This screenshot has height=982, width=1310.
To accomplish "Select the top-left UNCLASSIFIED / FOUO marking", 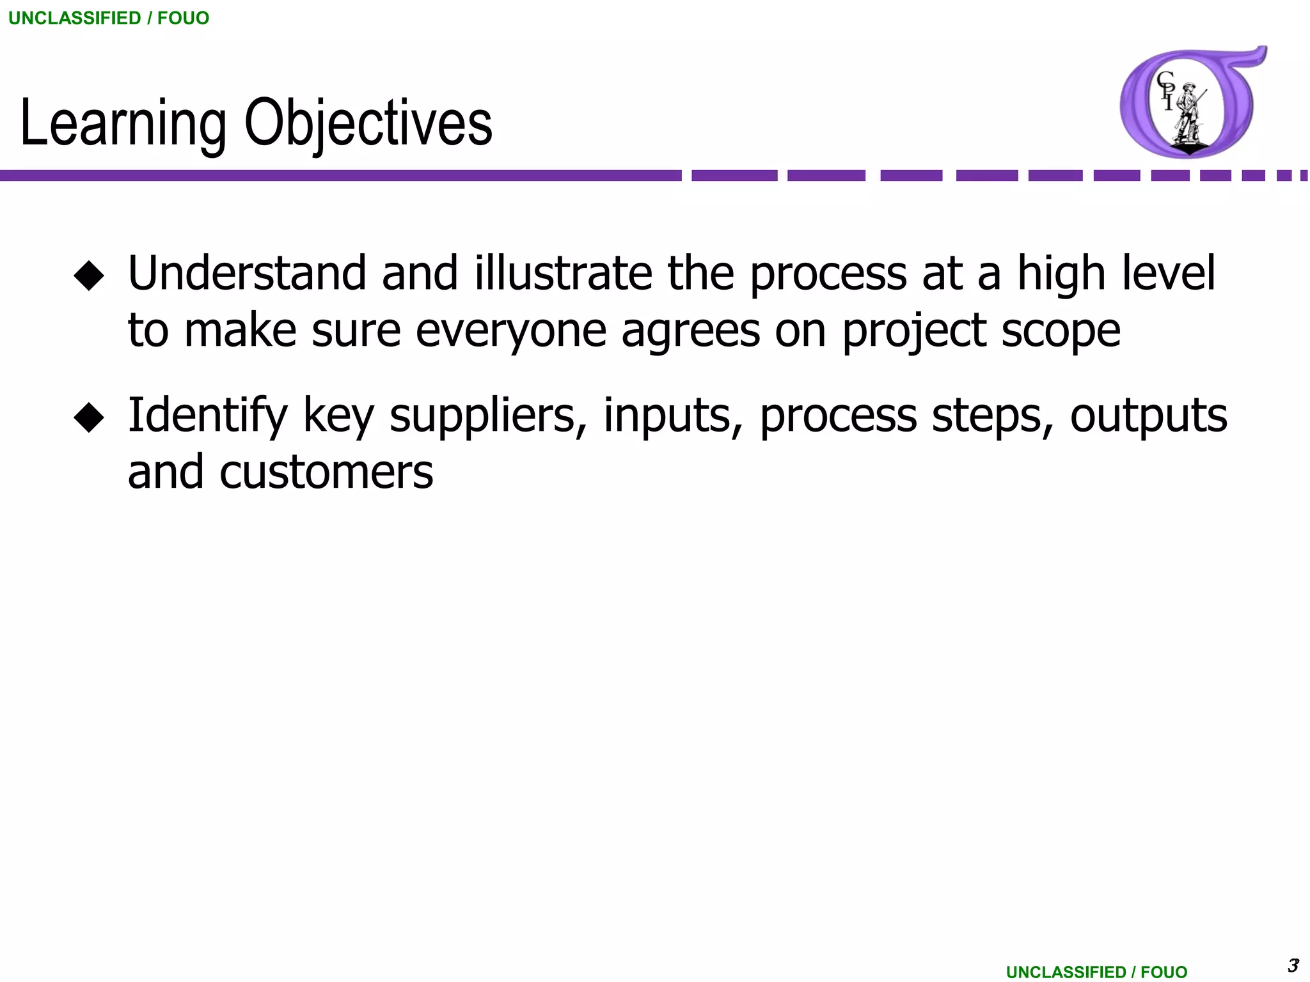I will (109, 18).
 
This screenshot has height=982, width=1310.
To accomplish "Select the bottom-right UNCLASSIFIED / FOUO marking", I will (1096, 972).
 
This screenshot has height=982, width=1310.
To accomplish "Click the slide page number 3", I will (1293, 965).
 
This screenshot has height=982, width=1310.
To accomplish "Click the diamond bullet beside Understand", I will (89, 276).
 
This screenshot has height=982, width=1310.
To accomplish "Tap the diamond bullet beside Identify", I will (89, 417).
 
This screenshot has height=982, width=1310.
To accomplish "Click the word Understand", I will (247, 274).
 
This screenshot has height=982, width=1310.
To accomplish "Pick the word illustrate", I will (563, 274).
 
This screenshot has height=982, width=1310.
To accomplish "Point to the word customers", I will (326, 473).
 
